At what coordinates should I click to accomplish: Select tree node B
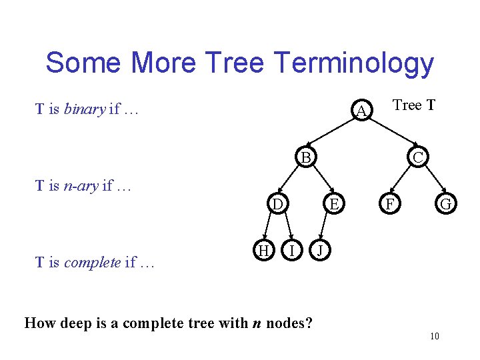[305, 158]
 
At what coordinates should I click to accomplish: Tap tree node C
[417, 158]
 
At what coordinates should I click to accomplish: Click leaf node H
[263, 250]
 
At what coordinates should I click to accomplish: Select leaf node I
[291, 250]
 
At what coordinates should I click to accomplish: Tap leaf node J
[320, 250]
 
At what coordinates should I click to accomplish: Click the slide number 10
[434, 336]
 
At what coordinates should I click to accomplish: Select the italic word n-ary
[81, 186]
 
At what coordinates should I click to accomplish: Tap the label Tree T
[414, 105]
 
